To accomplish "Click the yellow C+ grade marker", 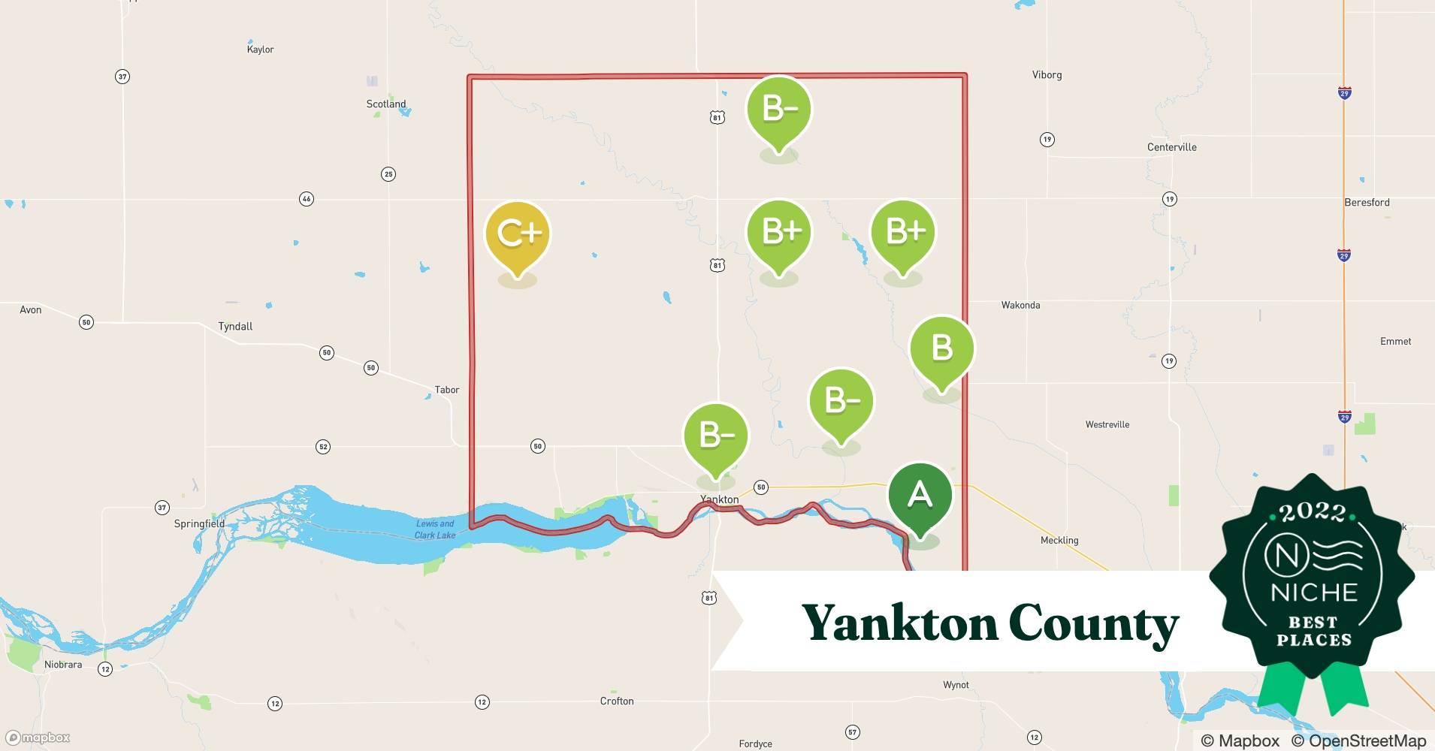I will click(x=518, y=234).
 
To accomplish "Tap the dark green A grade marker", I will click(x=920, y=495).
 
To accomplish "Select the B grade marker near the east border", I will click(x=941, y=348).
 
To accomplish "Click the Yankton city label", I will click(x=719, y=499).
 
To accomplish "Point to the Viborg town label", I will click(x=1047, y=75).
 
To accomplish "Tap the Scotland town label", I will click(x=386, y=104).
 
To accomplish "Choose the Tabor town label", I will click(x=447, y=390).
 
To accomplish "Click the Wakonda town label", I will click(x=1020, y=305).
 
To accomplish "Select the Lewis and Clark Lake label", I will click(x=435, y=529).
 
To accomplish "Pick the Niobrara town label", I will click(x=63, y=665).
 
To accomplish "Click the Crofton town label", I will click(x=617, y=701).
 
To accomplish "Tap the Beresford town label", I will click(x=1367, y=203).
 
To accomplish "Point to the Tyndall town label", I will click(x=235, y=327).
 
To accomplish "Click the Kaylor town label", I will click(x=260, y=50).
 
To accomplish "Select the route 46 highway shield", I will click(x=307, y=199).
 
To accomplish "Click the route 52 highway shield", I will click(x=323, y=447).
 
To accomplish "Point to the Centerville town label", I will click(x=1171, y=147).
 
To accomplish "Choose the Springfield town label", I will click(x=199, y=523).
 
